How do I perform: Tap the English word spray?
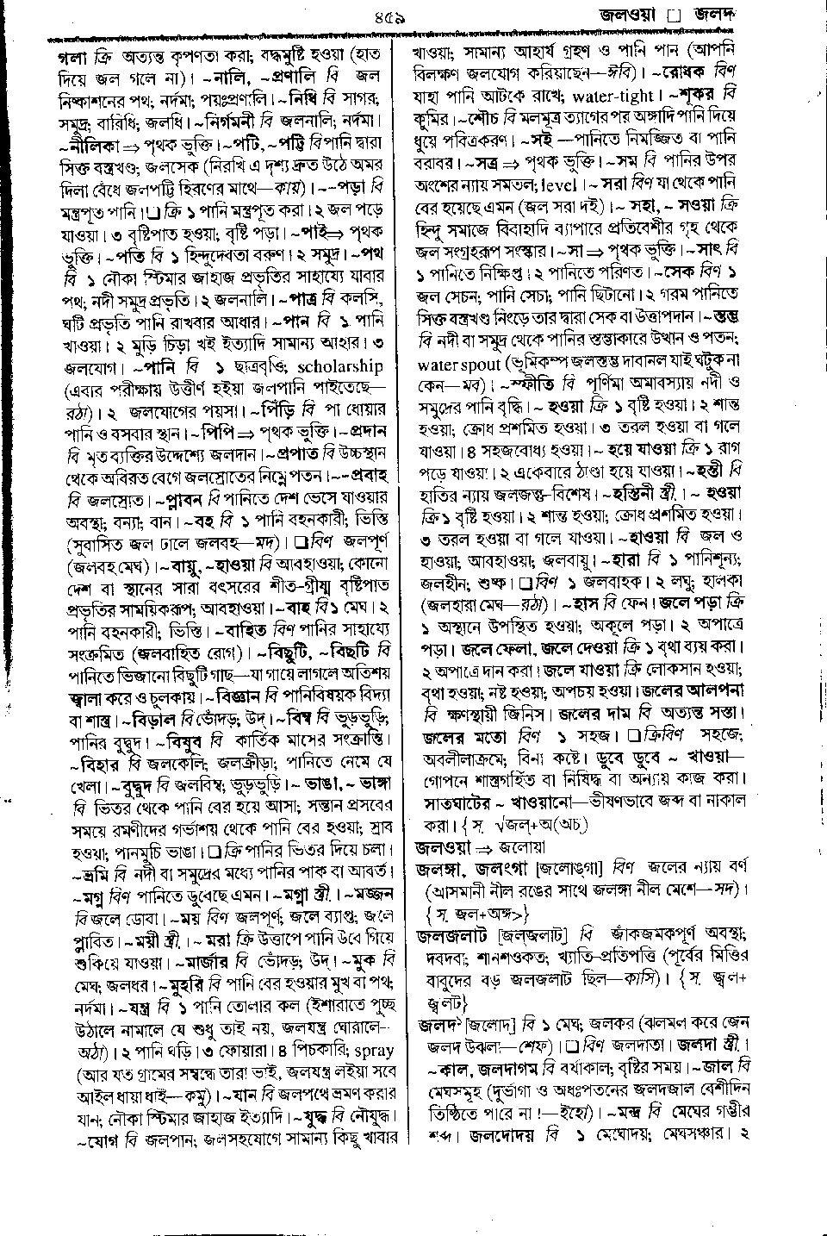pyautogui.click(x=371, y=1051)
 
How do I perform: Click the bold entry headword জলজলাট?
pyautogui.click(x=453, y=934)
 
